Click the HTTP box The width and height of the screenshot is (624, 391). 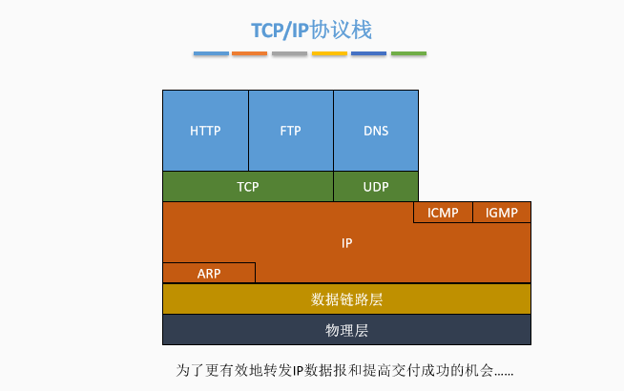click(205, 131)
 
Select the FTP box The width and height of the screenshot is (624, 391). click(290, 131)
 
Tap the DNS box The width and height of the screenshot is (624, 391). click(376, 131)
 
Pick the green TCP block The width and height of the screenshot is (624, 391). click(248, 187)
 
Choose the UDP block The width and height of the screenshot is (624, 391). click(376, 187)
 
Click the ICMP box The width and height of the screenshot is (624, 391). click(443, 213)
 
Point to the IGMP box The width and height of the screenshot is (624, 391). click(502, 213)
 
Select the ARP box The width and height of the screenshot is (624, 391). click(209, 273)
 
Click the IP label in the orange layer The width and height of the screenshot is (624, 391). click(347, 243)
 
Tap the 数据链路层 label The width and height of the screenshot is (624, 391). click(347, 299)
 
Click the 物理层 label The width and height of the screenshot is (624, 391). click(347, 330)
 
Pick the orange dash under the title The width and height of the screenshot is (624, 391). click(250, 53)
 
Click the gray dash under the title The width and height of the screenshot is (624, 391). click(289, 53)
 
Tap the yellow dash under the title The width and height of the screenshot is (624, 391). click(329, 53)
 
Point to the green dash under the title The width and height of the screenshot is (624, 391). click(408, 53)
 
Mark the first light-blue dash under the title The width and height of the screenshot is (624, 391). click(211, 53)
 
